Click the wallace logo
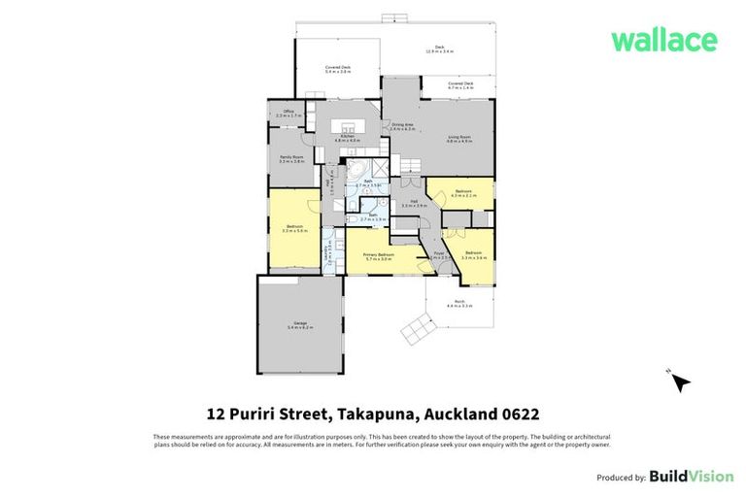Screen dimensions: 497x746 (x=663, y=41)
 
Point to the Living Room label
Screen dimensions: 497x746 (x=458, y=140)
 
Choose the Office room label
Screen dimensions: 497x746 (x=288, y=114)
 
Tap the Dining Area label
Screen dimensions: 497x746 (x=402, y=126)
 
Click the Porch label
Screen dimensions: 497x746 (x=458, y=304)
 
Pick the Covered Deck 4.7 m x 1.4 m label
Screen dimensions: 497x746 (x=460, y=85)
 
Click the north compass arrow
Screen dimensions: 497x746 (x=681, y=382)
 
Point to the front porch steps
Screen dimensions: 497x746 (x=419, y=329)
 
